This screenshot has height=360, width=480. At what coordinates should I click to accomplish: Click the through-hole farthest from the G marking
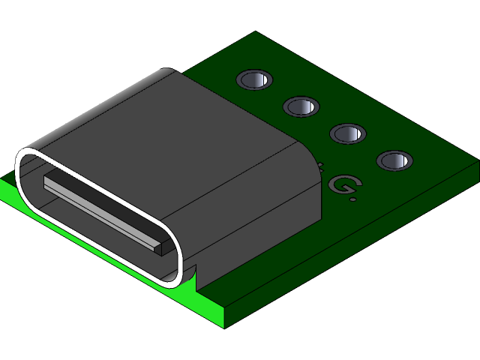254,79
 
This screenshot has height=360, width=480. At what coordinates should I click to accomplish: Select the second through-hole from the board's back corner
301,106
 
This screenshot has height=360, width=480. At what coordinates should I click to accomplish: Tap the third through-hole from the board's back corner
348,133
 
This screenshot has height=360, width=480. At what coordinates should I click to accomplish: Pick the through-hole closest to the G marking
394,160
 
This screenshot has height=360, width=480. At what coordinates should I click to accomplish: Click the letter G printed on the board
342,184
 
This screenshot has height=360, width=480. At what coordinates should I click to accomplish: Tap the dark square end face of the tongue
157,245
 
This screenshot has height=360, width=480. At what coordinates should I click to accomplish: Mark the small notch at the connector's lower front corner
192,277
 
